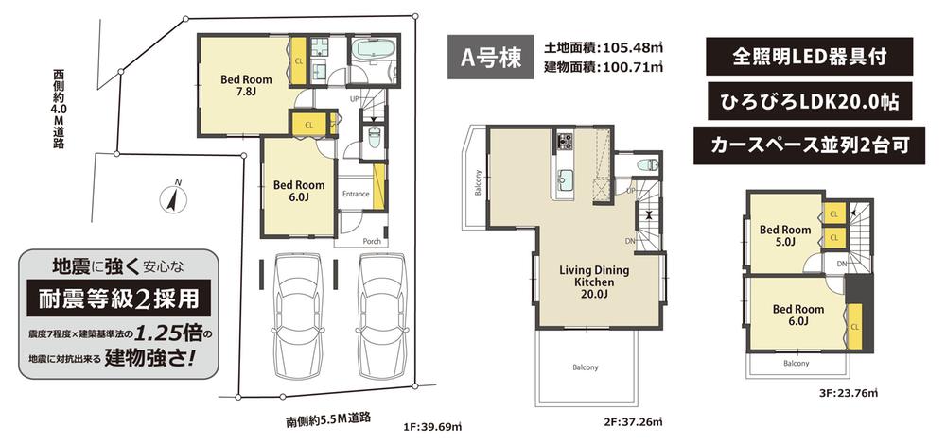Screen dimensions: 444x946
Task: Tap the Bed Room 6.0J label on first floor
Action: tap(298, 192)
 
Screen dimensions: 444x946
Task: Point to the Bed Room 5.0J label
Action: tap(784, 236)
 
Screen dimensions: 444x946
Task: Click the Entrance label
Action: tap(356, 194)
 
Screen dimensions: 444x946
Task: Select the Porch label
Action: tap(372, 240)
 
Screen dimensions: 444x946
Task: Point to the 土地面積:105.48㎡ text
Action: tap(604, 46)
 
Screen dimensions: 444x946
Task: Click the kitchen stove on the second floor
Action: tap(565, 142)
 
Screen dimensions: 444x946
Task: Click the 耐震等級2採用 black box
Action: tap(118, 299)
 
